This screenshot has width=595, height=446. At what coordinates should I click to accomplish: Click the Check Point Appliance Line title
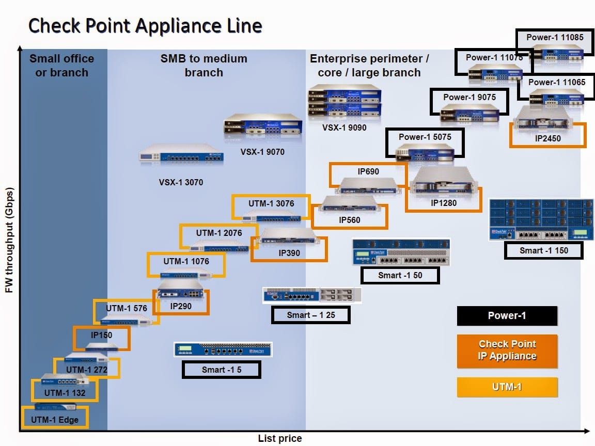145,25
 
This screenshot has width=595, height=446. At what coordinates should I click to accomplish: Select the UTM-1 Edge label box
55,419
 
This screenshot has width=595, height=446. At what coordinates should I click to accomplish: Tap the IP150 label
101,335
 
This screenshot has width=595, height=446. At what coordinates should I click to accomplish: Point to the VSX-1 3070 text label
181,182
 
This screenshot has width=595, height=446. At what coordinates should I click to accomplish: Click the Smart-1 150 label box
543,251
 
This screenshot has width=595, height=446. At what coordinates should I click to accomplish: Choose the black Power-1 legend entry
507,316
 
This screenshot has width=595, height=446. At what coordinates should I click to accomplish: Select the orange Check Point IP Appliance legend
507,351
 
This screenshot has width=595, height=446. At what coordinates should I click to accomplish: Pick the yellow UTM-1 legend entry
507,387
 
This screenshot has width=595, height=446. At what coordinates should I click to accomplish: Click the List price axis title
279,438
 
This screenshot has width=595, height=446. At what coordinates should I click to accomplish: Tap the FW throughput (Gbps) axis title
9,241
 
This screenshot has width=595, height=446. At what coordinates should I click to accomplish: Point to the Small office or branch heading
61,66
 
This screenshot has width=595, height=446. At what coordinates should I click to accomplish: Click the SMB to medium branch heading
203,66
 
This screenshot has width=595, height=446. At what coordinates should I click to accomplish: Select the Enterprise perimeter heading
369,66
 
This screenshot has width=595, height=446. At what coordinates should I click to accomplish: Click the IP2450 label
547,138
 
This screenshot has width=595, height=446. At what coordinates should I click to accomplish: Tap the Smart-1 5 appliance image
223,350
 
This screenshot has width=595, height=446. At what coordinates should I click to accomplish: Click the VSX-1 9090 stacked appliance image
345,102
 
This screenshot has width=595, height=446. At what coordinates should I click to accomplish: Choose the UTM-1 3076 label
271,203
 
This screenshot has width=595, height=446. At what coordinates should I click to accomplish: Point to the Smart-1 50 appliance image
401,252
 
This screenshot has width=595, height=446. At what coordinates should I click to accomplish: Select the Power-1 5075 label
425,137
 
